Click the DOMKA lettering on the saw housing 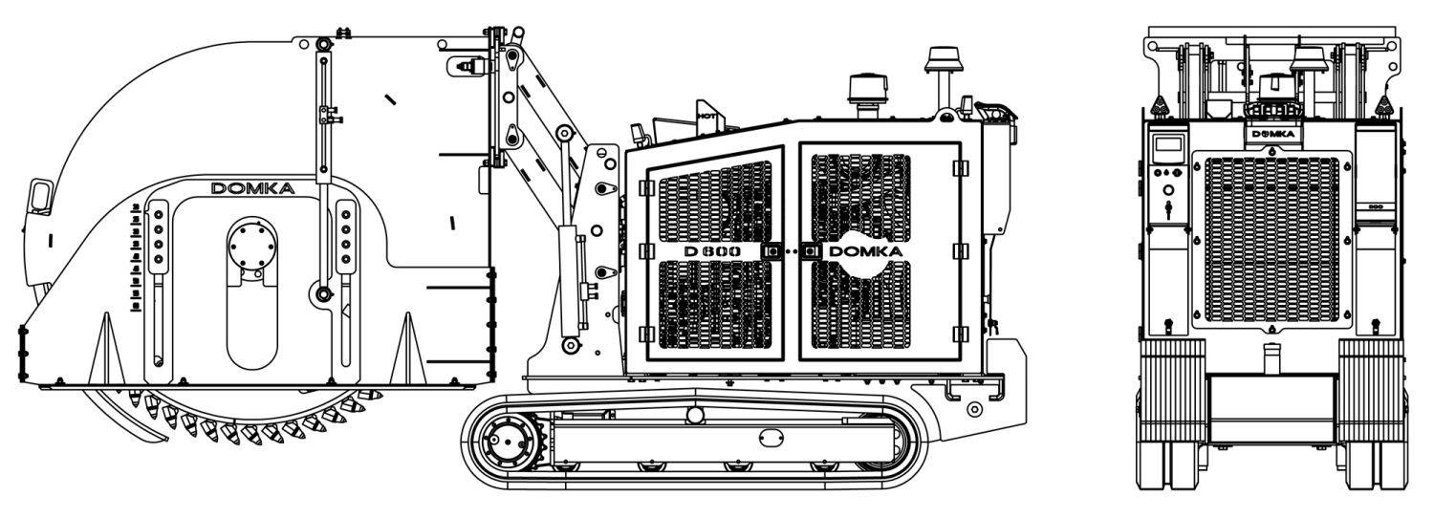coord(252,188)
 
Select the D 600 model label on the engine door coord(712,251)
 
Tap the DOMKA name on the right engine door coord(865,251)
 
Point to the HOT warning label coord(706,116)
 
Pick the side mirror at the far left coord(40,196)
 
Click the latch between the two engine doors coord(792,251)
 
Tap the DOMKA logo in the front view coord(1273,134)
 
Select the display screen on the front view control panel coord(1168,144)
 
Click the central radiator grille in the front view coord(1271,239)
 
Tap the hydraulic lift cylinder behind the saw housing coord(566,282)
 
